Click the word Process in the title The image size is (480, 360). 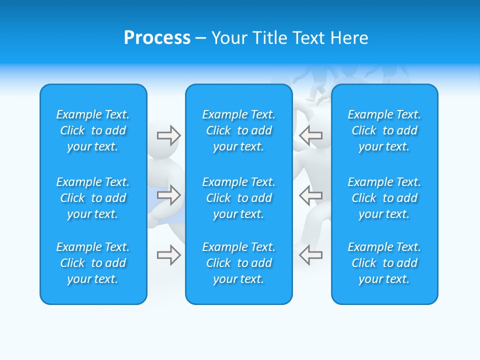(x=157, y=38)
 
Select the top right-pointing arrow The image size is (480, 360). (x=168, y=135)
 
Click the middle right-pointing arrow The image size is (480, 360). (x=168, y=195)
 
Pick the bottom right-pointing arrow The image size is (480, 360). (x=168, y=255)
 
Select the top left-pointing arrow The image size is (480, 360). (x=310, y=135)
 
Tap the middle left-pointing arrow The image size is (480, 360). (x=310, y=195)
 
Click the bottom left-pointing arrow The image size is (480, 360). (x=310, y=255)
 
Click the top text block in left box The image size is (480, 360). (x=93, y=130)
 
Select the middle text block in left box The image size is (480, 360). (x=93, y=198)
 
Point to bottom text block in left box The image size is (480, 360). (x=93, y=263)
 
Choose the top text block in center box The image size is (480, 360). (x=239, y=130)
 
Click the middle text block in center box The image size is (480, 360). (x=239, y=198)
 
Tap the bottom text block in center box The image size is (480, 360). (x=239, y=263)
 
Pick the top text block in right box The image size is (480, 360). (x=384, y=130)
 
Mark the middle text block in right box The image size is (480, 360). (x=384, y=198)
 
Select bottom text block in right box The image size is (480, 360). (x=384, y=263)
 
